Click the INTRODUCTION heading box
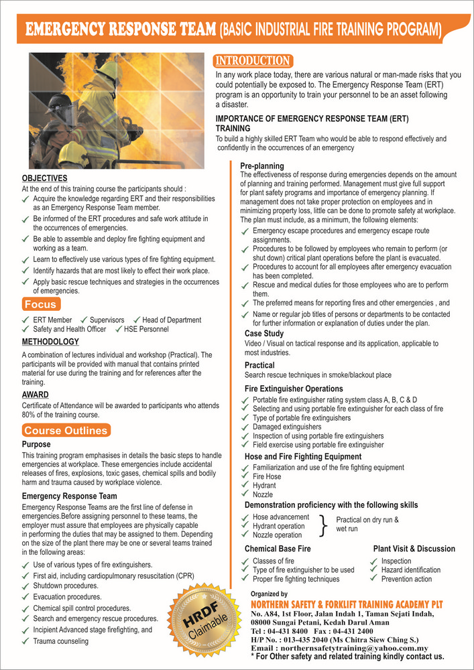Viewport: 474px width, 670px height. click(253, 61)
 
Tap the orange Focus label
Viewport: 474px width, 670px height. click(40, 304)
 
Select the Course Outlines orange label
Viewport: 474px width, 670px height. click(66, 430)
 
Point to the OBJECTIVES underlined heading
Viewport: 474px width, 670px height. click(44, 178)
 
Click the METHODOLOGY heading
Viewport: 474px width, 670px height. click(50, 342)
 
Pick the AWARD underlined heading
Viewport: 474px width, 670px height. click(35, 395)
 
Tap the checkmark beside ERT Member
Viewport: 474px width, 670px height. click(26, 320)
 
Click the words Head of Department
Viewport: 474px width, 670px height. click(172, 320)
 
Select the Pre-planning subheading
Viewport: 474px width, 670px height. click(262, 165)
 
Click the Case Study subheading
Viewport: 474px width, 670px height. click(264, 333)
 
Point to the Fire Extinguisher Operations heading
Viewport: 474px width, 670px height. click(294, 389)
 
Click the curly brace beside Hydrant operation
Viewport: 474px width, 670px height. click(324, 526)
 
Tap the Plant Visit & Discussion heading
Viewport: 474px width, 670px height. click(414, 549)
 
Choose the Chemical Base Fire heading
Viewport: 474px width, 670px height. click(278, 549)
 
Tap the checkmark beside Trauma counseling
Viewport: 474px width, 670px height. click(26, 641)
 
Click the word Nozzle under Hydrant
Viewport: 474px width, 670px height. click(263, 494)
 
